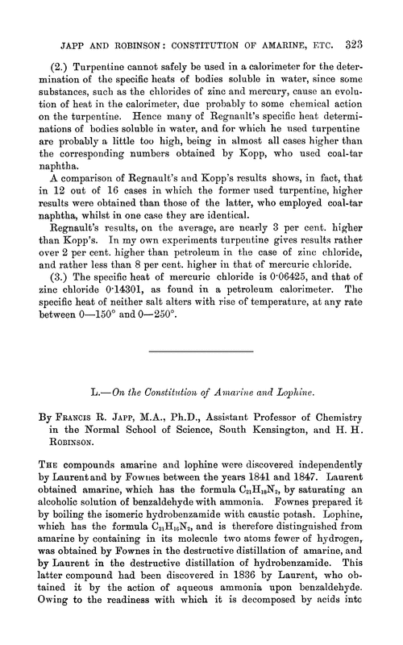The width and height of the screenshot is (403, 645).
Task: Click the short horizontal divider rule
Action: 201,352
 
